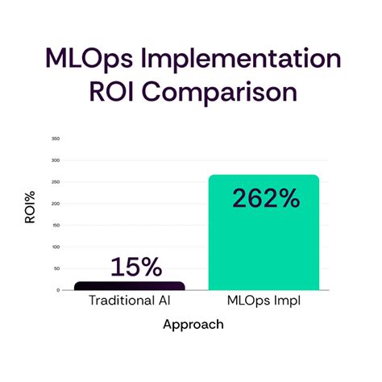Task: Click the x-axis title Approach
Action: (193, 325)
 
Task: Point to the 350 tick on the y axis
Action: (56, 139)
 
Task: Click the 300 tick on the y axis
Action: (56, 160)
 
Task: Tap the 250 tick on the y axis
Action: (56, 182)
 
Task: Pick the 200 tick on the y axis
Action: (56, 203)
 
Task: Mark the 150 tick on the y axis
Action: (56, 225)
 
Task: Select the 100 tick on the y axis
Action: (56, 247)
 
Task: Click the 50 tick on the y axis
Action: (56, 268)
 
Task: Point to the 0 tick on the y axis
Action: (58, 289)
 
